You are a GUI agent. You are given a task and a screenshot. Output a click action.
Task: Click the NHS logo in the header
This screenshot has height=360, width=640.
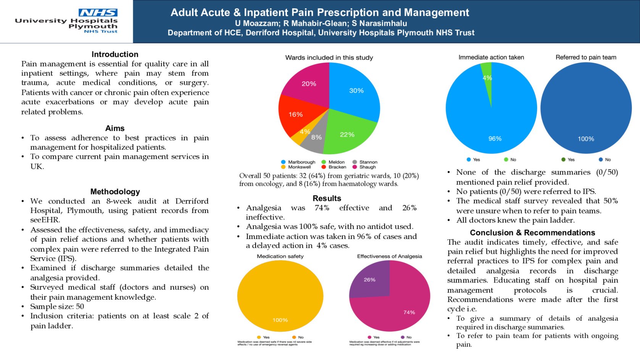coord(98,13)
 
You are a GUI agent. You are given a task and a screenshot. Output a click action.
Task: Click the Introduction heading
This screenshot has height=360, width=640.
coord(115,54)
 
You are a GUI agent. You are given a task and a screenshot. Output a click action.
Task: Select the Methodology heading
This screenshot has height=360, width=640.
coord(115,192)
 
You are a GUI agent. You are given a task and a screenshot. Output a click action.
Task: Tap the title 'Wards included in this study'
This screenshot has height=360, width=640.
coord(329,58)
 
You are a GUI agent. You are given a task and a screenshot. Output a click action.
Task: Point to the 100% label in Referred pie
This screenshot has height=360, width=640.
coord(586,139)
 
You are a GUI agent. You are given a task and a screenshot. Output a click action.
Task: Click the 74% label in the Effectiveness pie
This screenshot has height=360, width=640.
coord(409,312)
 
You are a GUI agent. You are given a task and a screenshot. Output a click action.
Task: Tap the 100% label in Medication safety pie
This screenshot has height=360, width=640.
coord(280,320)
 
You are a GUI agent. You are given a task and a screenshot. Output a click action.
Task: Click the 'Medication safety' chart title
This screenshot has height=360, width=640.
coord(280,256)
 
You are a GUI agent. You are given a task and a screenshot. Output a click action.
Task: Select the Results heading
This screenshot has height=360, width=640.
coord(327,198)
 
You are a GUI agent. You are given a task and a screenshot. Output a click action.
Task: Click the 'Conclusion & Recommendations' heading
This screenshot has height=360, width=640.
coord(532,232)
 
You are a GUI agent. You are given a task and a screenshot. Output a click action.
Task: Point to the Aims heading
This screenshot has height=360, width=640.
coord(115,128)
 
